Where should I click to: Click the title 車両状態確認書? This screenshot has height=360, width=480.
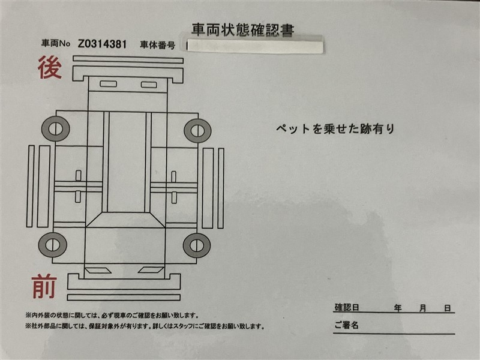[x=243, y=30]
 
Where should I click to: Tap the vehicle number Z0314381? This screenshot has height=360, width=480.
[x=102, y=44]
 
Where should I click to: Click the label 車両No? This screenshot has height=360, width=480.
[x=56, y=43]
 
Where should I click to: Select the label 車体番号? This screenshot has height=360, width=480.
[x=158, y=45]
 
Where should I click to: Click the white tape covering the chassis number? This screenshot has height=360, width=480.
[x=254, y=46]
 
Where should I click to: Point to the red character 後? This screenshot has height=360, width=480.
[x=50, y=67]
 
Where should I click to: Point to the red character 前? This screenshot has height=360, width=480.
[x=44, y=286]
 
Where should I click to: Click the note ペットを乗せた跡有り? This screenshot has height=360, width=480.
[x=335, y=128]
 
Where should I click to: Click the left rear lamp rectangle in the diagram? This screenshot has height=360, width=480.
[x=109, y=83]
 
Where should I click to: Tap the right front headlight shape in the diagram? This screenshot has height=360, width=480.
[x=151, y=270]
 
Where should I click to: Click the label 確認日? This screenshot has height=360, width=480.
[x=347, y=307]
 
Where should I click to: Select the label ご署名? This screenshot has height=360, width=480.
[x=346, y=325]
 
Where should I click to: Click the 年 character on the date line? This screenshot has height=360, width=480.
[x=398, y=308]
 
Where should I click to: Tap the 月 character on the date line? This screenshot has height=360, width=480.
[x=423, y=308]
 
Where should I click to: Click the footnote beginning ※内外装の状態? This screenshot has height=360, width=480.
[x=112, y=315]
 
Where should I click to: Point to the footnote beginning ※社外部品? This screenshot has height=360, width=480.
[x=145, y=326]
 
